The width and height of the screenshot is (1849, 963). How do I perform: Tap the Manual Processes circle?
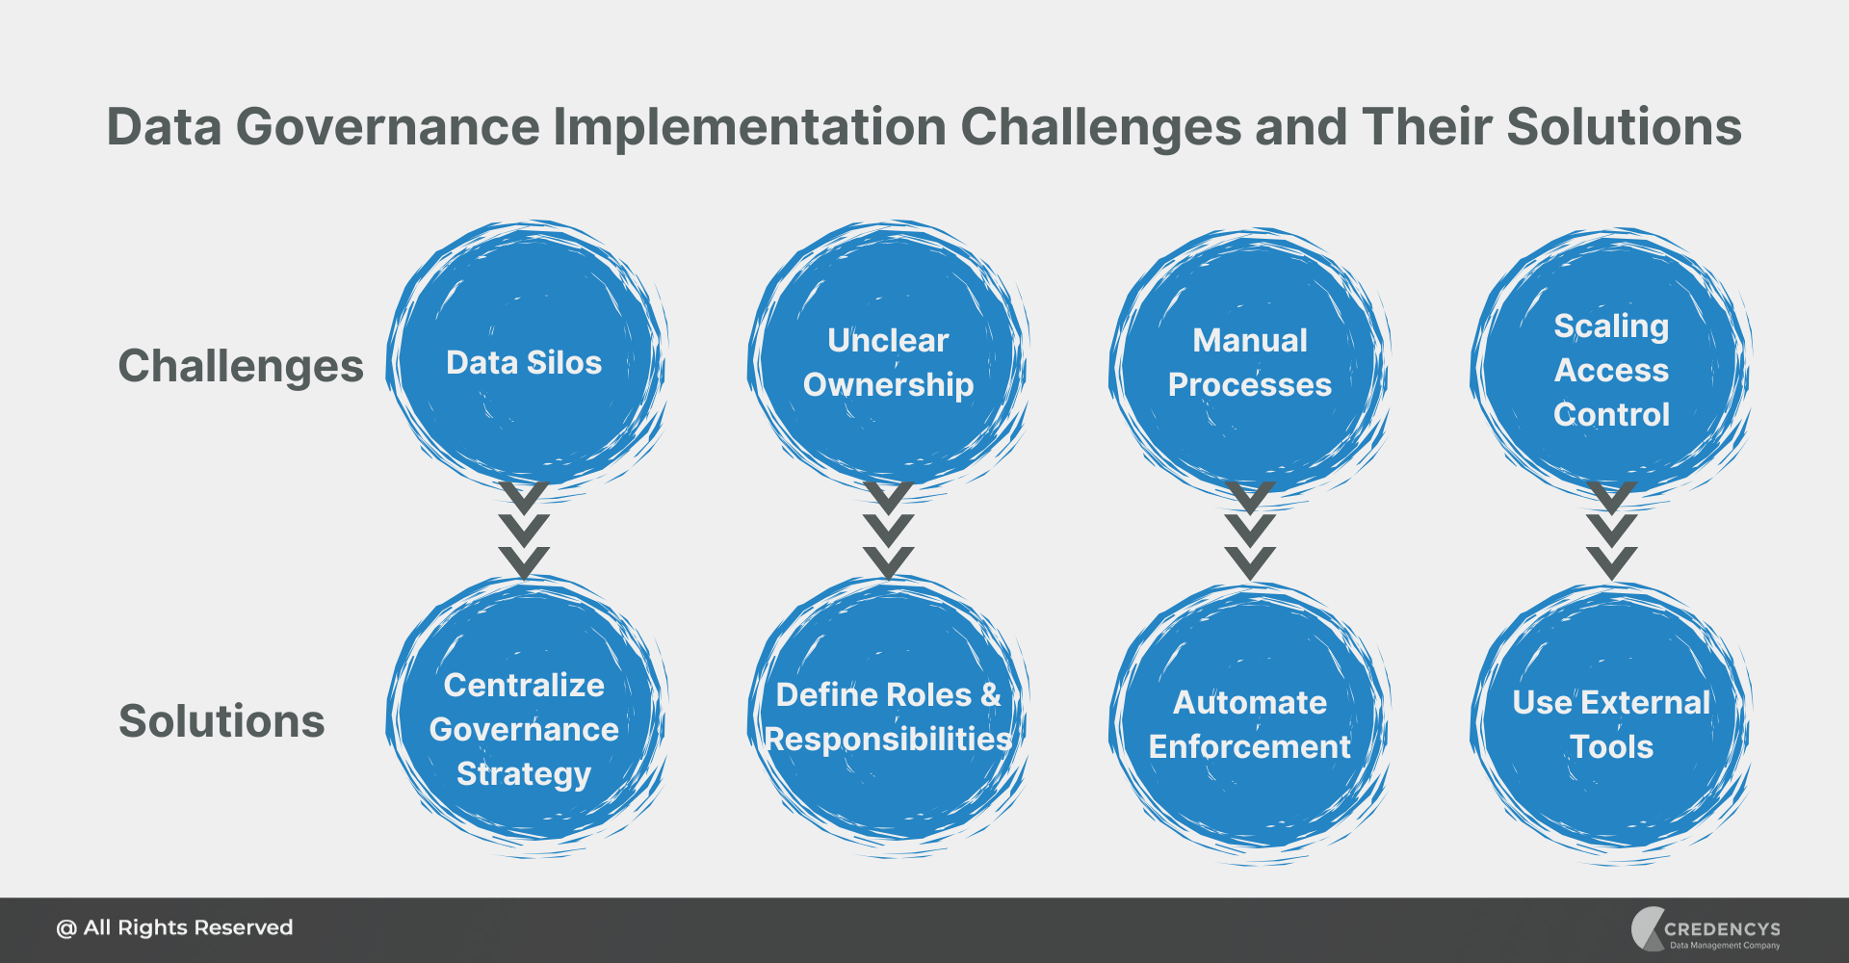click(x=1249, y=361)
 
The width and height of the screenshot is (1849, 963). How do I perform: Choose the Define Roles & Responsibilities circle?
click(x=888, y=717)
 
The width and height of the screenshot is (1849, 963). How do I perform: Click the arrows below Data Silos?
click(x=524, y=530)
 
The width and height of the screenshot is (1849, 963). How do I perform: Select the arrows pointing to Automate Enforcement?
click(x=1250, y=530)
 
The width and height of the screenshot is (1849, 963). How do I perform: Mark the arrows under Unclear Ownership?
click(x=888, y=530)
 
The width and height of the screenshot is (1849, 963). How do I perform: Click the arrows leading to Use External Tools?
click(x=1612, y=530)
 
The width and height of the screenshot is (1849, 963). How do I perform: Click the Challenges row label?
click(x=241, y=366)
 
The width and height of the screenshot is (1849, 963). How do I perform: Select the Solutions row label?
click(x=221, y=721)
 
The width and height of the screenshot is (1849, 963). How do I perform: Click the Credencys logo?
click(x=1706, y=929)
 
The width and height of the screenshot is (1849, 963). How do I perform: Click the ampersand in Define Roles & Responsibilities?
click(x=991, y=694)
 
